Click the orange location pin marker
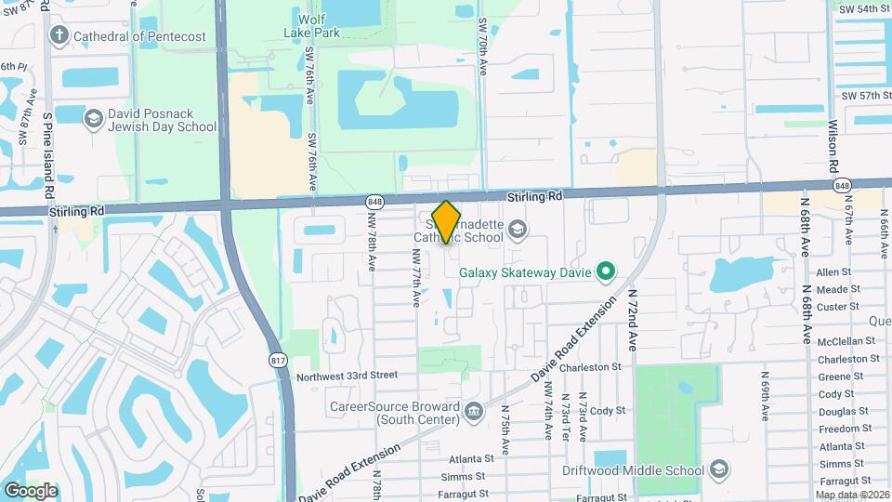[x=447, y=222]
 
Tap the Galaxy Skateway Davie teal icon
[x=606, y=272]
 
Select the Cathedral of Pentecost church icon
[x=59, y=36]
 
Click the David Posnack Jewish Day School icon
[x=93, y=118]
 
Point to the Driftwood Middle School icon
[x=718, y=469]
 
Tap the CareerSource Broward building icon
[x=474, y=409]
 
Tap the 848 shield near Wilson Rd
[x=842, y=186]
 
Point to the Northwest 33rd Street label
[x=347, y=376]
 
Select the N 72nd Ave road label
[x=633, y=318]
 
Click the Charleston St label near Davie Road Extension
[x=590, y=367]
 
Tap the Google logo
[x=31, y=490]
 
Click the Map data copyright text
[x=852, y=495]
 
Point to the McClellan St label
[x=847, y=341]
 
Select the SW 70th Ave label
[x=482, y=45]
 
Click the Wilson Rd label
[x=833, y=143]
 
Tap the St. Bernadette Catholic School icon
[x=518, y=229]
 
